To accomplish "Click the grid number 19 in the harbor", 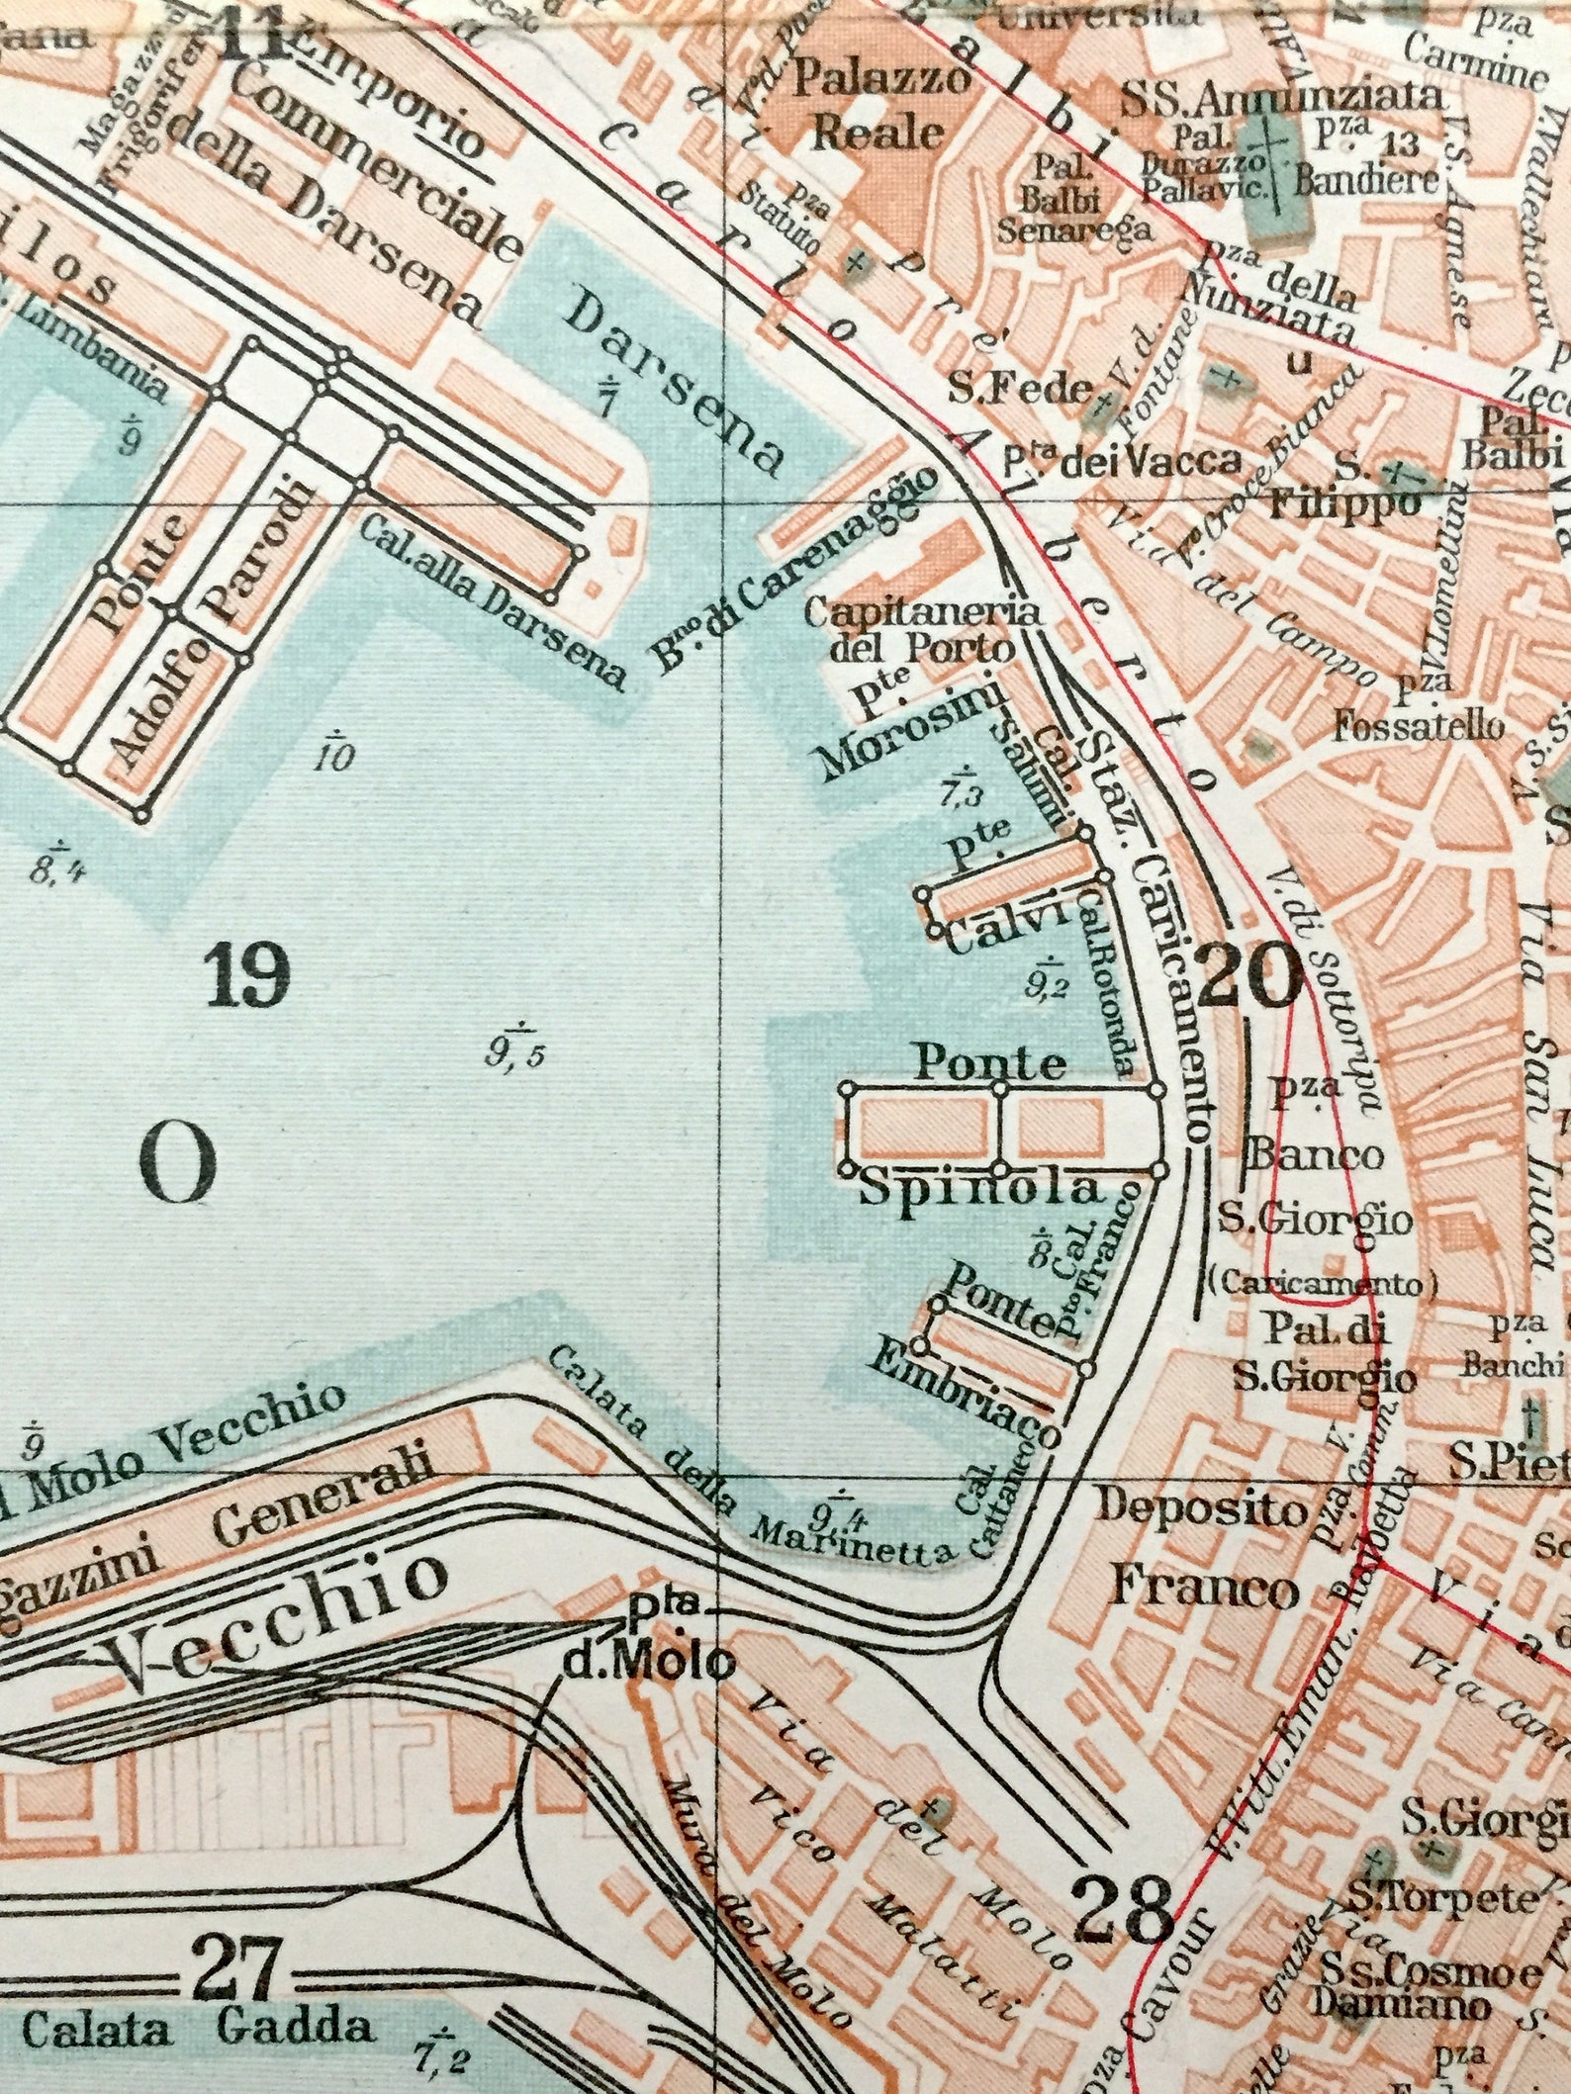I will (246, 974).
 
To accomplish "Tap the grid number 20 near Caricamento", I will (1248, 975).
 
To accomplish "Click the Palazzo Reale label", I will (879, 105).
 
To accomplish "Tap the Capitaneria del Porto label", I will (922, 630).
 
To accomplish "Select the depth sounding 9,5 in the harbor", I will (514, 1054).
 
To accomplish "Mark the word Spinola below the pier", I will (979, 1188).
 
